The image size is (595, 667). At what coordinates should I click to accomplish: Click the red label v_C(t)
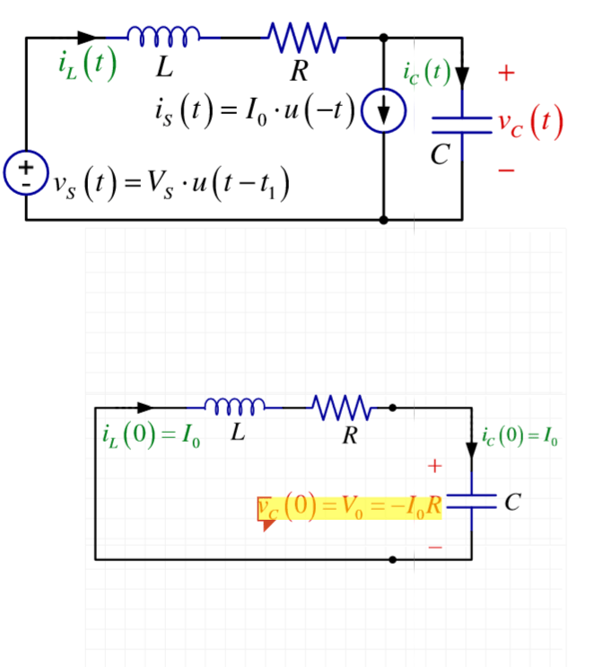tap(532, 123)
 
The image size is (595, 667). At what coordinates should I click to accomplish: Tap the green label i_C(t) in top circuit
tap(426, 72)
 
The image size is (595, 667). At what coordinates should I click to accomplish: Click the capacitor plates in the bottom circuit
tap(470, 502)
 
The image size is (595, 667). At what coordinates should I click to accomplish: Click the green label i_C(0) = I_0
tap(520, 438)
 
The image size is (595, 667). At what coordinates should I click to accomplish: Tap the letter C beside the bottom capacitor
tap(511, 503)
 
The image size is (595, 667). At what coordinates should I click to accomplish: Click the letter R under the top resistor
tap(298, 71)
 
